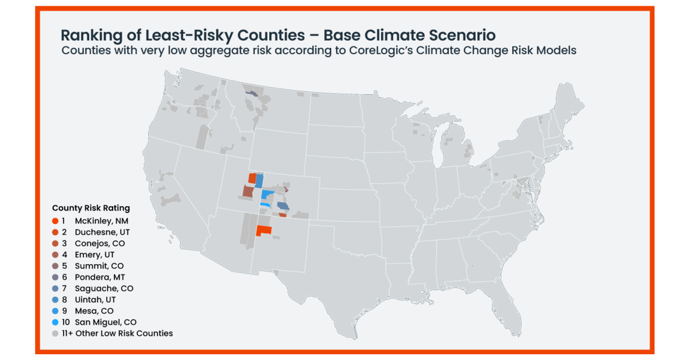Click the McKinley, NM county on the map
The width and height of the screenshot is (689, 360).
pyautogui.click(x=264, y=230)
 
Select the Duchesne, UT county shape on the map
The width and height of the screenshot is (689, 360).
pyautogui.click(x=251, y=178)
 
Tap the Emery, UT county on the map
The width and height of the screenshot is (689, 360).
pyautogui.click(x=247, y=191)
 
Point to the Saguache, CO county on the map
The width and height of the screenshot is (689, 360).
pyautogui.click(x=283, y=206)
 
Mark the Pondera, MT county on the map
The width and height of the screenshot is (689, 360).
pyautogui.click(x=251, y=93)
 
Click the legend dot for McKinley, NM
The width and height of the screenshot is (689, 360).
pyautogui.click(x=55, y=221)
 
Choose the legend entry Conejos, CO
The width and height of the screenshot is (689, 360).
pyautogui.click(x=99, y=243)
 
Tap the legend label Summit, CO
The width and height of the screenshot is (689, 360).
pyautogui.click(x=99, y=266)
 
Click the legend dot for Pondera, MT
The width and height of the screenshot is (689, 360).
pyautogui.click(x=55, y=277)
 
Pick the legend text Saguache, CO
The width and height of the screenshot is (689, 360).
pyautogui.click(x=103, y=288)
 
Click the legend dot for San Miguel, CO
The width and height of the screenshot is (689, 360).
pyautogui.click(x=55, y=322)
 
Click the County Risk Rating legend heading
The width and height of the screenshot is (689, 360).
pyautogui.click(x=91, y=208)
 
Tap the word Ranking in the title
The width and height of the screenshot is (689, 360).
pyautogui.click(x=91, y=35)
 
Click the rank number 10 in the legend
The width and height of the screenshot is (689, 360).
pyautogui.click(x=65, y=322)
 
